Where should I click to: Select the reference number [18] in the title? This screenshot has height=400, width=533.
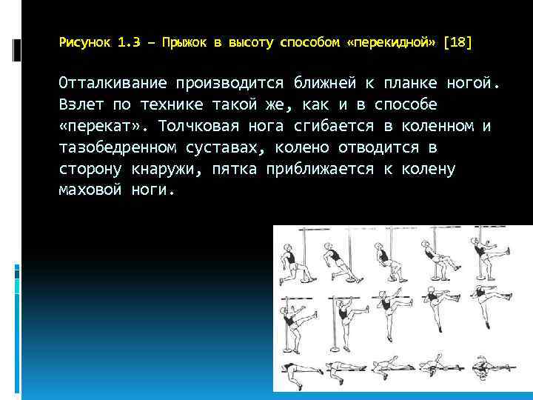click(457, 44)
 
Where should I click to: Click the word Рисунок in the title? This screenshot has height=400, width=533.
click(84, 44)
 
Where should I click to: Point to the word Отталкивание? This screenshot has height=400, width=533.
click(112, 82)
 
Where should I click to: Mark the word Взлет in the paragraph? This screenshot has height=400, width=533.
click(80, 104)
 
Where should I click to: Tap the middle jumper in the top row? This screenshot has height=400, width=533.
click(383, 259)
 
